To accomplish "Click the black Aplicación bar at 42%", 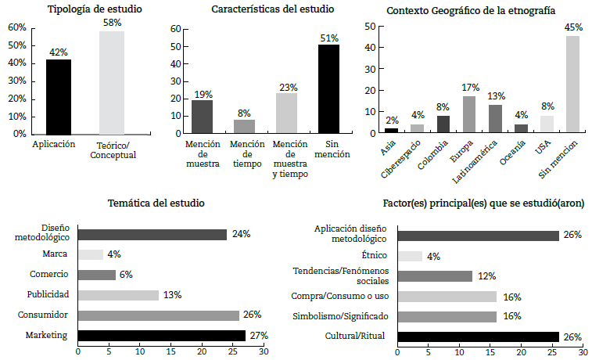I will coord(58,96).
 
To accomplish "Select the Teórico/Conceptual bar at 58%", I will coord(111,82).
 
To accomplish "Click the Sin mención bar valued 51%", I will coord(328,88).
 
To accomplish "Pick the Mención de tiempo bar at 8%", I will coord(244,126).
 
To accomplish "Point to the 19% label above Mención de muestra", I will coord(202,94).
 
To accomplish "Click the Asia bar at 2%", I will coord(391,130).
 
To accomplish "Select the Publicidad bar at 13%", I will coord(118,294).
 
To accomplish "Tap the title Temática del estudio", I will coord(156,203).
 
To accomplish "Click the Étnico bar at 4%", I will coord(410,255).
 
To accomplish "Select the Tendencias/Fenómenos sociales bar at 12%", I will coord(435,275).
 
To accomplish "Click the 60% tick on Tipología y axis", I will coord(17,27).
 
